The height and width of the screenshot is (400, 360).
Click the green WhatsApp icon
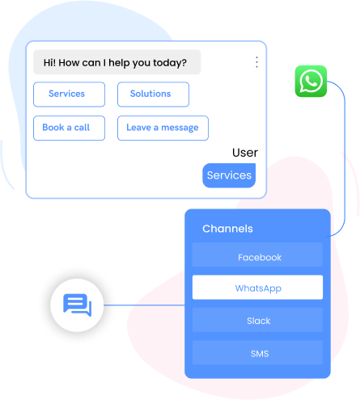click(x=311, y=81)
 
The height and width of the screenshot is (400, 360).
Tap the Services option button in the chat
click(x=69, y=94)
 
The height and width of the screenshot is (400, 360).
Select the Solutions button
click(x=153, y=94)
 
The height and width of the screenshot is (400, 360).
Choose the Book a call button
click(x=66, y=128)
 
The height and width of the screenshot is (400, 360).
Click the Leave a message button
click(x=162, y=128)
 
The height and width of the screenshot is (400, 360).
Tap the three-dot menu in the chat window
click(x=256, y=62)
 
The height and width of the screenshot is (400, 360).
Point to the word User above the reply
click(x=244, y=152)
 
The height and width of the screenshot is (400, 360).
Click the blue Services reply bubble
click(x=229, y=175)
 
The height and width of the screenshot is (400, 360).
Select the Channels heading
click(x=227, y=229)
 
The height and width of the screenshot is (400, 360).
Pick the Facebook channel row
click(x=259, y=257)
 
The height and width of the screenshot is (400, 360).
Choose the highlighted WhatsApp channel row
click(x=257, y=288)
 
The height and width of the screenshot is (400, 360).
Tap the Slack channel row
click(x=259, y=321)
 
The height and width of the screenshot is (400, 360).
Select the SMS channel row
click(x=259, y=353)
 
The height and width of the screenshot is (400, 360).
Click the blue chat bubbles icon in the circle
click(x=77, y=305)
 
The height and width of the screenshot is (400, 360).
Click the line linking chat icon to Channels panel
click(x=146, y=305)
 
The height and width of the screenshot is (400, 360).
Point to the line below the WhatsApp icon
click(x=345, y=162)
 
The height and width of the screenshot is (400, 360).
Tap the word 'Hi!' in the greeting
click(x=51, y=62)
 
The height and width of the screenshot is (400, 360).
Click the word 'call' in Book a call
click(x=82, y=128)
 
